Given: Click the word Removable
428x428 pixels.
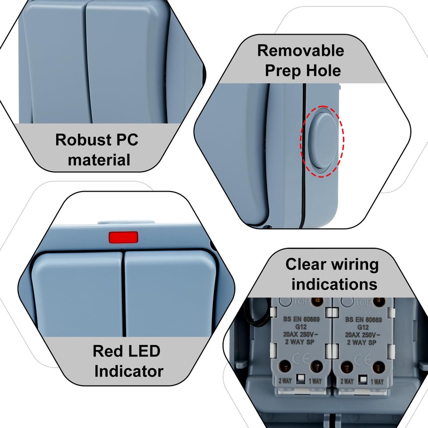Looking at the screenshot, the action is click(x=300, y=51).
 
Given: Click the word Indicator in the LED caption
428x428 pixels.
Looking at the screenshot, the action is click(x=129, y=370).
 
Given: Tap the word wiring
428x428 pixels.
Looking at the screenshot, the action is click(x=348, y=264).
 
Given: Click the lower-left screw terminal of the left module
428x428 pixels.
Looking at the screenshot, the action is click(x=284, y=367).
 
